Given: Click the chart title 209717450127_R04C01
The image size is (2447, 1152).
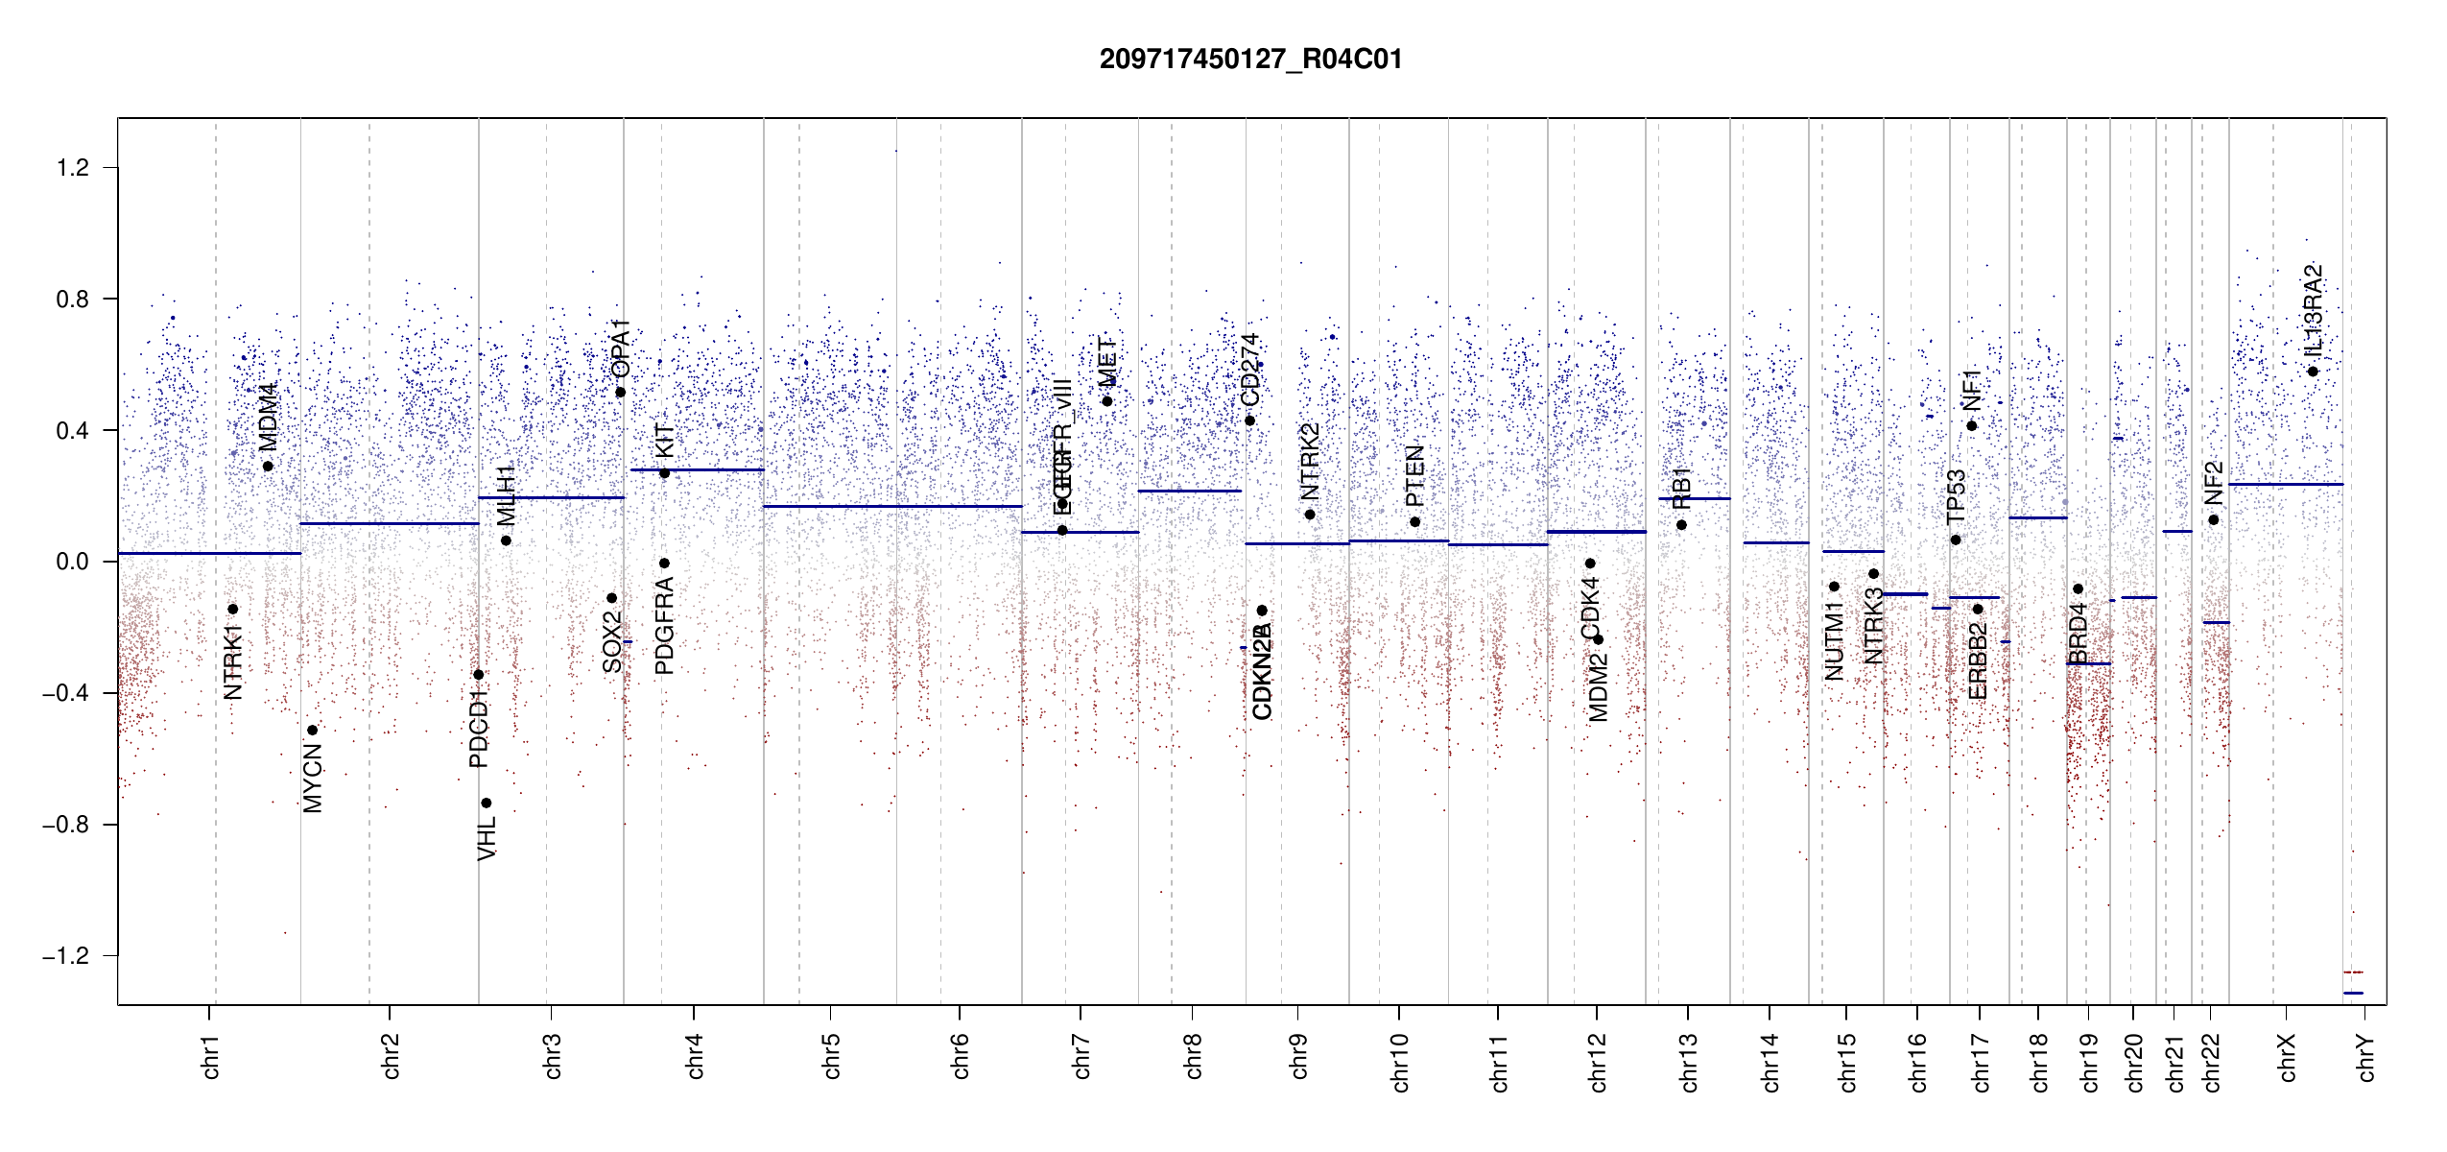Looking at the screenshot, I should point(1250,60).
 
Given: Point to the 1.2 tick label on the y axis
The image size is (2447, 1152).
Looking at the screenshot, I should point(72,168).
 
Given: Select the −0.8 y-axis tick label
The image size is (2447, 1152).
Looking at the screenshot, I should point(65,825).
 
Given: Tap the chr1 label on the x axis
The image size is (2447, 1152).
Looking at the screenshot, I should point(211,1056).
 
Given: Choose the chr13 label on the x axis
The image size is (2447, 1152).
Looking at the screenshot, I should point(1689,1062).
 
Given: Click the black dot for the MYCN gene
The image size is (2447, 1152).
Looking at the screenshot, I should point(312,731).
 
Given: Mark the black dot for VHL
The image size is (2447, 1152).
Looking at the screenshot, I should point(487,804).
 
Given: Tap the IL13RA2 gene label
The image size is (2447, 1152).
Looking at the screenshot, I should point(2313,308).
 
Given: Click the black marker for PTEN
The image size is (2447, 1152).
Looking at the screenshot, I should point(1414,522).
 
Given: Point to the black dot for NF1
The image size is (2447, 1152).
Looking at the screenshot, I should point(1972,426).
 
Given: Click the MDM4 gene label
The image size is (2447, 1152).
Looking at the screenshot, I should point(268,417).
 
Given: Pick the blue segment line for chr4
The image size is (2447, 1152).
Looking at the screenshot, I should point(697,470).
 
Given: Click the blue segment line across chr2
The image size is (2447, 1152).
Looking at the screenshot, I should point(389,523).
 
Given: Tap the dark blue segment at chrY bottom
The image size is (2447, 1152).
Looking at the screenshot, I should point(2353,993).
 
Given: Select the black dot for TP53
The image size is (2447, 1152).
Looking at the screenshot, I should point(1956,540).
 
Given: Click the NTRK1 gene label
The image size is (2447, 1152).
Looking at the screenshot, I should point(232,661).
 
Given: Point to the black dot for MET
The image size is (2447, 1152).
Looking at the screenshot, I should point(1106,401).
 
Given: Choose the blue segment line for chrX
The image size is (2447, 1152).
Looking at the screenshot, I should point(2286,485).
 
